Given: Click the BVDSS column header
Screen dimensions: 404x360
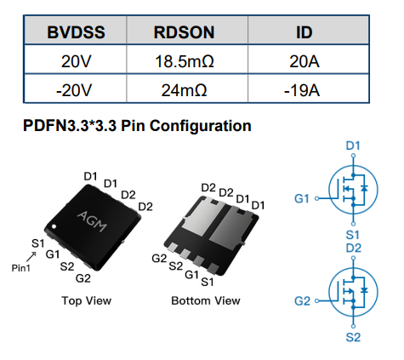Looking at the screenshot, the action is point(76,32).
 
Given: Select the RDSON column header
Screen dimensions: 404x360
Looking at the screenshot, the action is point(184,32).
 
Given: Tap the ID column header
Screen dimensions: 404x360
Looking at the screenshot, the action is point(304,32).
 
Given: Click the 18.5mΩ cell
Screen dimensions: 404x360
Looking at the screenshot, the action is point(185,61).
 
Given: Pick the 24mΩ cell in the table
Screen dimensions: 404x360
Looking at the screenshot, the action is point(184,90).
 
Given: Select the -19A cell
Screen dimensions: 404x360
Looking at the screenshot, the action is point(302,90).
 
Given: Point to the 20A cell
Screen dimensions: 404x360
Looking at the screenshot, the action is point(304,61).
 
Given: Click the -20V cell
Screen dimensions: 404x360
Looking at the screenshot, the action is point(74,90).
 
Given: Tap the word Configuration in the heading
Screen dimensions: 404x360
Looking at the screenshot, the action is point(201,126).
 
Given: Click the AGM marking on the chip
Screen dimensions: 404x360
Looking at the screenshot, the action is point(93,220).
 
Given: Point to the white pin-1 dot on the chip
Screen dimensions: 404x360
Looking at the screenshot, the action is point(54,226).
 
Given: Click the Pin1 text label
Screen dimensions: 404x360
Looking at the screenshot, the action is point(20,268).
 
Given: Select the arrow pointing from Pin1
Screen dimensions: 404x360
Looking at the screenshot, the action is point(31,256).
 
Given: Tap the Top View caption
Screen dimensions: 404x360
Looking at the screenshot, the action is point(87,300).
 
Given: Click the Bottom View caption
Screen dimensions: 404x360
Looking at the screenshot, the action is point(206,300).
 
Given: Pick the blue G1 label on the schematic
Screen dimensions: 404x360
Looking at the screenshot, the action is point(302,198).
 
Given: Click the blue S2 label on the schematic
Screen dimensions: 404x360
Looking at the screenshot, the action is point(353,337).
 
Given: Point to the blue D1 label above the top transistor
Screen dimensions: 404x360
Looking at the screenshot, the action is point(353,146).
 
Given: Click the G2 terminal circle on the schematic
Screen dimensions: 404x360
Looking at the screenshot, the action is point(317,300).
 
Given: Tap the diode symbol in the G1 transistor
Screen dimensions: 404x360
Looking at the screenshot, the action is point(364,188).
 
